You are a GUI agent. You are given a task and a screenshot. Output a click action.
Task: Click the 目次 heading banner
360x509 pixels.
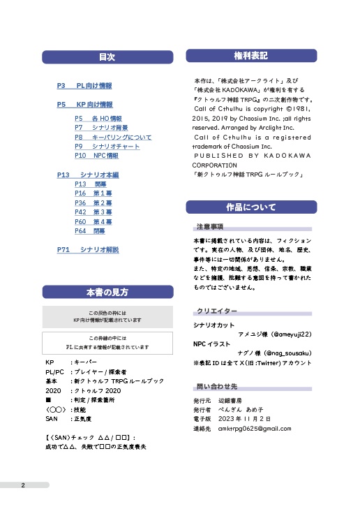coord(107,57)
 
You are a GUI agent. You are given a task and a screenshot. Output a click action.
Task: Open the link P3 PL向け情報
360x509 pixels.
coord(84,86)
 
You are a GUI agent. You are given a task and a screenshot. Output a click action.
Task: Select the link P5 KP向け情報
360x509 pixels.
coord(84,105)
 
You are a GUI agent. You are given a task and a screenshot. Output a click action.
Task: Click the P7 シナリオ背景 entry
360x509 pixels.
coord(101,128)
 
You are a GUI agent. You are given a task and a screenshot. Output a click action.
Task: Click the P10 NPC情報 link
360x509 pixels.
coord(96,156)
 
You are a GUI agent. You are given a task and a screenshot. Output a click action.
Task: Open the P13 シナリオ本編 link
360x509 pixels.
coord(88,175)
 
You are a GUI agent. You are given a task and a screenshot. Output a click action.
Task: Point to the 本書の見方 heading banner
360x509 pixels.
coord(107,292)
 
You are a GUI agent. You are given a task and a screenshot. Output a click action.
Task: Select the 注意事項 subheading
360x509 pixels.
coord(210,228)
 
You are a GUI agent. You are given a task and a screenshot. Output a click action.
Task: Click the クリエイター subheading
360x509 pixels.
coord(217,311)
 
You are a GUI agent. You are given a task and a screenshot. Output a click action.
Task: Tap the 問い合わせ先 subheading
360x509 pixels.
coord(217,387)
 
